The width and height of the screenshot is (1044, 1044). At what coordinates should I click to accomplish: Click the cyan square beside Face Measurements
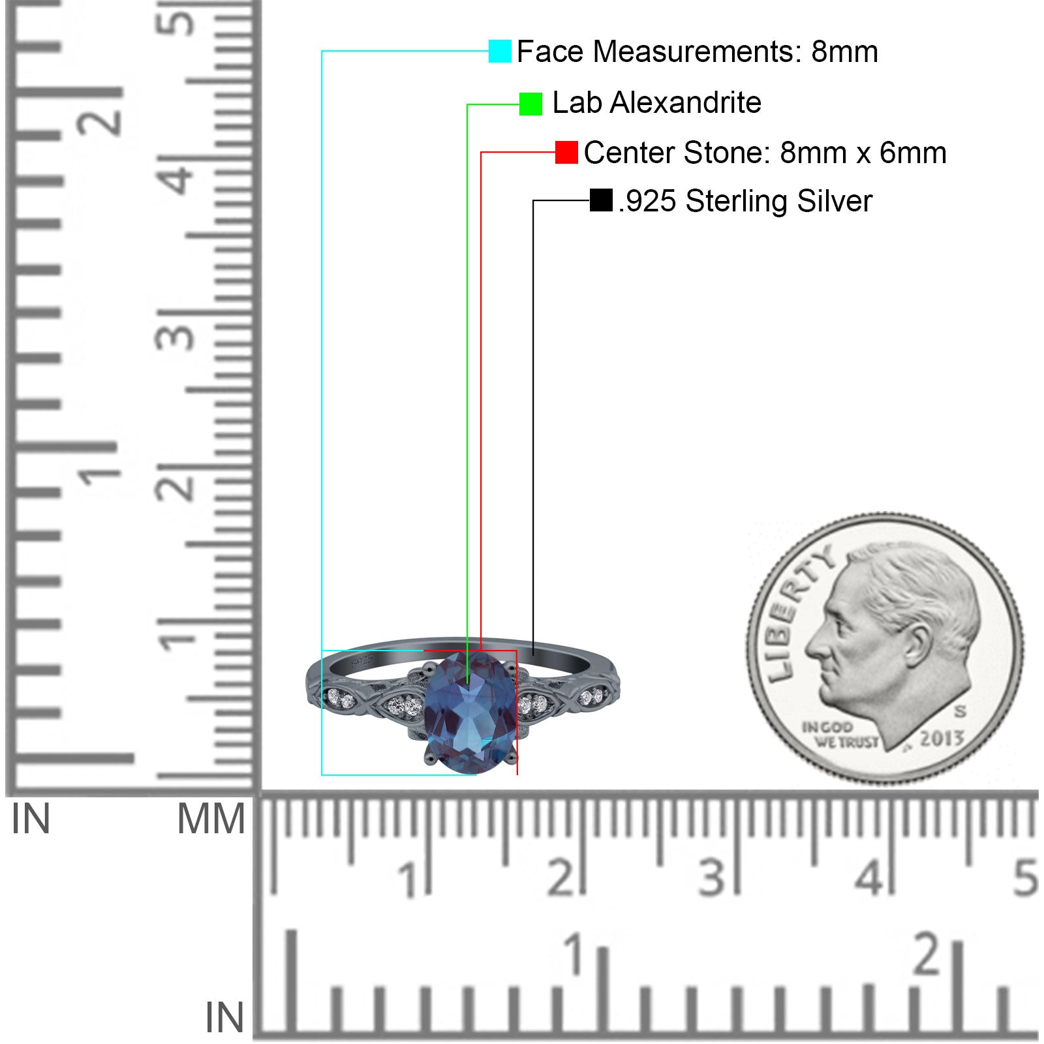click(x=500, y=51)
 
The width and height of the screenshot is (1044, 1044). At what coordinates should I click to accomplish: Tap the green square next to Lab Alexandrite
click(x=530, y=104)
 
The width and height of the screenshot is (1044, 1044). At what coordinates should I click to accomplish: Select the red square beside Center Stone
click(x=566, y=152)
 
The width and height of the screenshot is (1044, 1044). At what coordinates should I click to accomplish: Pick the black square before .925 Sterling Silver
click(x=601, y=200)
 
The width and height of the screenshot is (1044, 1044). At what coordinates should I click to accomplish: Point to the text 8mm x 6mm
click(x=863, y=153)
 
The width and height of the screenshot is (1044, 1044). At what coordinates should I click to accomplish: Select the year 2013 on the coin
click(x=942, y=738)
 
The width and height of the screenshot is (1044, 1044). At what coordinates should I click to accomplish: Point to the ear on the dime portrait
click(x=918, y=644)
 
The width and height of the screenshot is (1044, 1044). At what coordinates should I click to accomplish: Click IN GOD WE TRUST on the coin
click(x=840, y=735)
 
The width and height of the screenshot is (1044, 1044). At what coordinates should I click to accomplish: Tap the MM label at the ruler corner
click(x=211, y=820)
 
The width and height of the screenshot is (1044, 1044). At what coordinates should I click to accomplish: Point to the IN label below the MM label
click(x=224, y=1017)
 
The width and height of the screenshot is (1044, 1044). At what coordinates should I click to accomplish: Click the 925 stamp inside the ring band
click(x=363, y=660)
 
